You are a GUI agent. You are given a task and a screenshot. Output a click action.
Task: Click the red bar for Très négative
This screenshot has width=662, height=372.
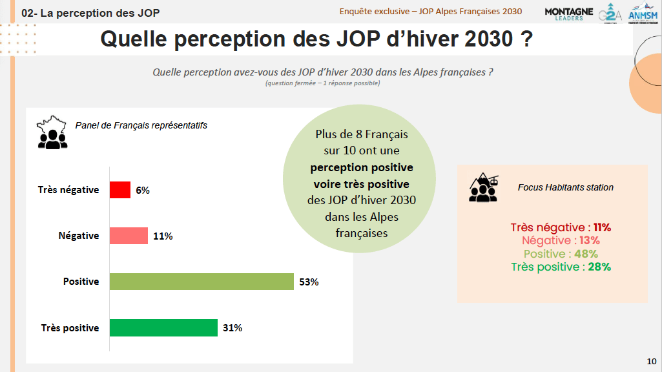click(120, 190)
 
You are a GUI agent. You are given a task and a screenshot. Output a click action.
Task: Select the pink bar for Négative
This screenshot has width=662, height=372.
click(129, 236)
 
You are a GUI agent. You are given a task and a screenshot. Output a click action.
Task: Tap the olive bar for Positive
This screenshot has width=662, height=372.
click(202, 282)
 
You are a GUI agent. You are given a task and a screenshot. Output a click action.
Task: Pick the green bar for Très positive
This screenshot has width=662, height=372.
click(163, 327)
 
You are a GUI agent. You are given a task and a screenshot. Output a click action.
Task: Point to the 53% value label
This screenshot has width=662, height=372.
click(309, 282)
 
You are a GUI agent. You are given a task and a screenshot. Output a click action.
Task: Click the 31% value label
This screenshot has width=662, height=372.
click(233, 328)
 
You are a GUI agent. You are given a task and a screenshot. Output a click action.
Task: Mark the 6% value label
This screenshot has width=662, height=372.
click(143, 191)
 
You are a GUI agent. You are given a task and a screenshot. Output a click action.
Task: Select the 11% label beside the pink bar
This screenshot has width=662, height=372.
click(163, 236)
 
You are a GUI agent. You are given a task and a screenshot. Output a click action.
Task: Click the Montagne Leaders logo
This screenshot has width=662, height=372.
click(569, 14)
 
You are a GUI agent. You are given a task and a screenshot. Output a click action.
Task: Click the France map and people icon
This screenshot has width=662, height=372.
click(52, 133)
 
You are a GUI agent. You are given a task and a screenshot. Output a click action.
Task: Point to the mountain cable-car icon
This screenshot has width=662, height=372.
click(484, 188)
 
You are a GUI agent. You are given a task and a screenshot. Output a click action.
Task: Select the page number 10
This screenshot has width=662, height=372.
click(651, 361)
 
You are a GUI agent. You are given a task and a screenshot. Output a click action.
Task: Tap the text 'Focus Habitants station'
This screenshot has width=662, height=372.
click(565, 187)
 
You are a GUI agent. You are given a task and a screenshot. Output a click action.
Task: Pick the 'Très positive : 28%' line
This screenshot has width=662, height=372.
click(561, 267)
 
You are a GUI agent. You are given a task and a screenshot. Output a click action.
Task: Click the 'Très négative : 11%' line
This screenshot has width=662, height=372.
click(561, 227)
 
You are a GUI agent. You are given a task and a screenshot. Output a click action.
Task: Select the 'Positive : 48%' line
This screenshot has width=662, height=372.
click(561, 254)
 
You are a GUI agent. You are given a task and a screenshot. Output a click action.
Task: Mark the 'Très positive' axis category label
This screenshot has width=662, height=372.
click(70, 328)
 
